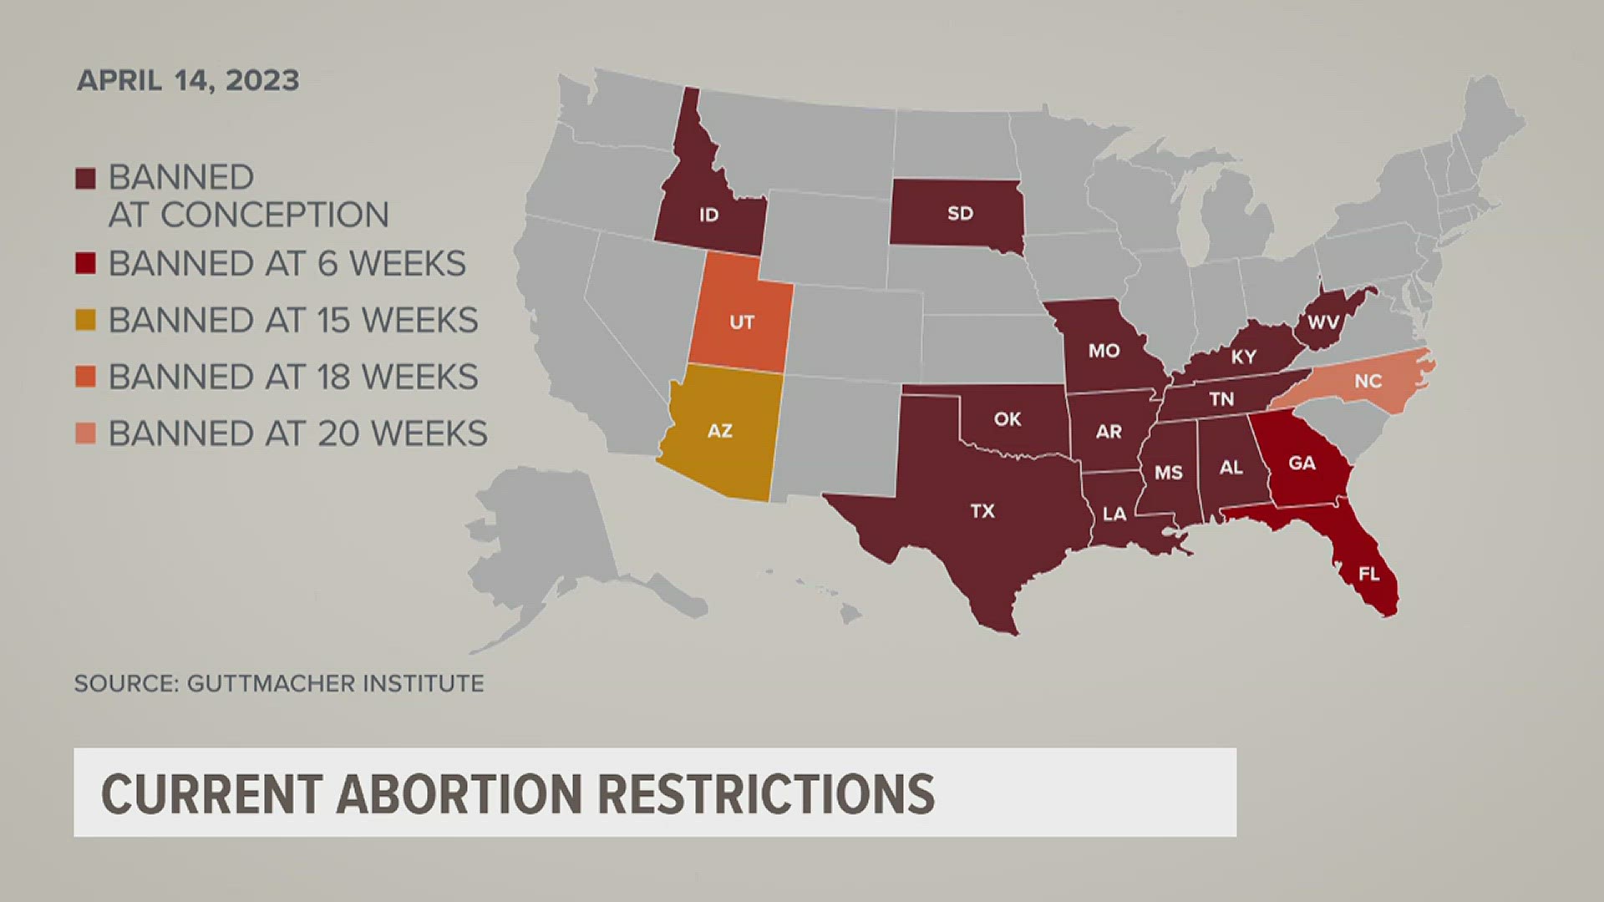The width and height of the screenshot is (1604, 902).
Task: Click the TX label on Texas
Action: pos(982,510)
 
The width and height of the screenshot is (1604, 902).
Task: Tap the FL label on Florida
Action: pos(1368,574)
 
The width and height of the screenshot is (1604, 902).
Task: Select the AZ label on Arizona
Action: pos(719,431)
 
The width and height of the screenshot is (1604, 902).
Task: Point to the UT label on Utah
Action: pos(742,322)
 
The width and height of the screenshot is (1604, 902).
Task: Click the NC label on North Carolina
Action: pos(1368,381)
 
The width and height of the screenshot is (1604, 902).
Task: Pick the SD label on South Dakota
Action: pos(960,213)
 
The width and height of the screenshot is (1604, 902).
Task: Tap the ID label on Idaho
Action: pos(708,215)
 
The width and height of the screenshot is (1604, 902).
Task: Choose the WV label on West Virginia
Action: pos(1323,322)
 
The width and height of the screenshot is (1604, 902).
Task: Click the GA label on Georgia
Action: pos(1302,463)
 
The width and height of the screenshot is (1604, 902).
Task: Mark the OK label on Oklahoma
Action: pos(1008,418)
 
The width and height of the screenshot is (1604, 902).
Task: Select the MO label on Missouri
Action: pos(1104,351)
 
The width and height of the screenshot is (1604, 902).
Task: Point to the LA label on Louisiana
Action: pos(1114,514)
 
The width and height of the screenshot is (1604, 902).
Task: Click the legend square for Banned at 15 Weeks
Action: pos(85,320)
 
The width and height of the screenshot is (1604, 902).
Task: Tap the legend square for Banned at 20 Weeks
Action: pos(85,433)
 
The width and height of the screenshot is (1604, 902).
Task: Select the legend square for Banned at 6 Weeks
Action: pos(85,263)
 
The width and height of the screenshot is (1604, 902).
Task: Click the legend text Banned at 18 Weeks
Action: pos(293,378)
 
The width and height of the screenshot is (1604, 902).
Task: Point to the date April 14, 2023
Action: pos(188,80)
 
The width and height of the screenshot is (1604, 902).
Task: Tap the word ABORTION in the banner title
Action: pos(459,793)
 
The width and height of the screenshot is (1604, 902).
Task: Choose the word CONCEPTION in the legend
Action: pos(274,215)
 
